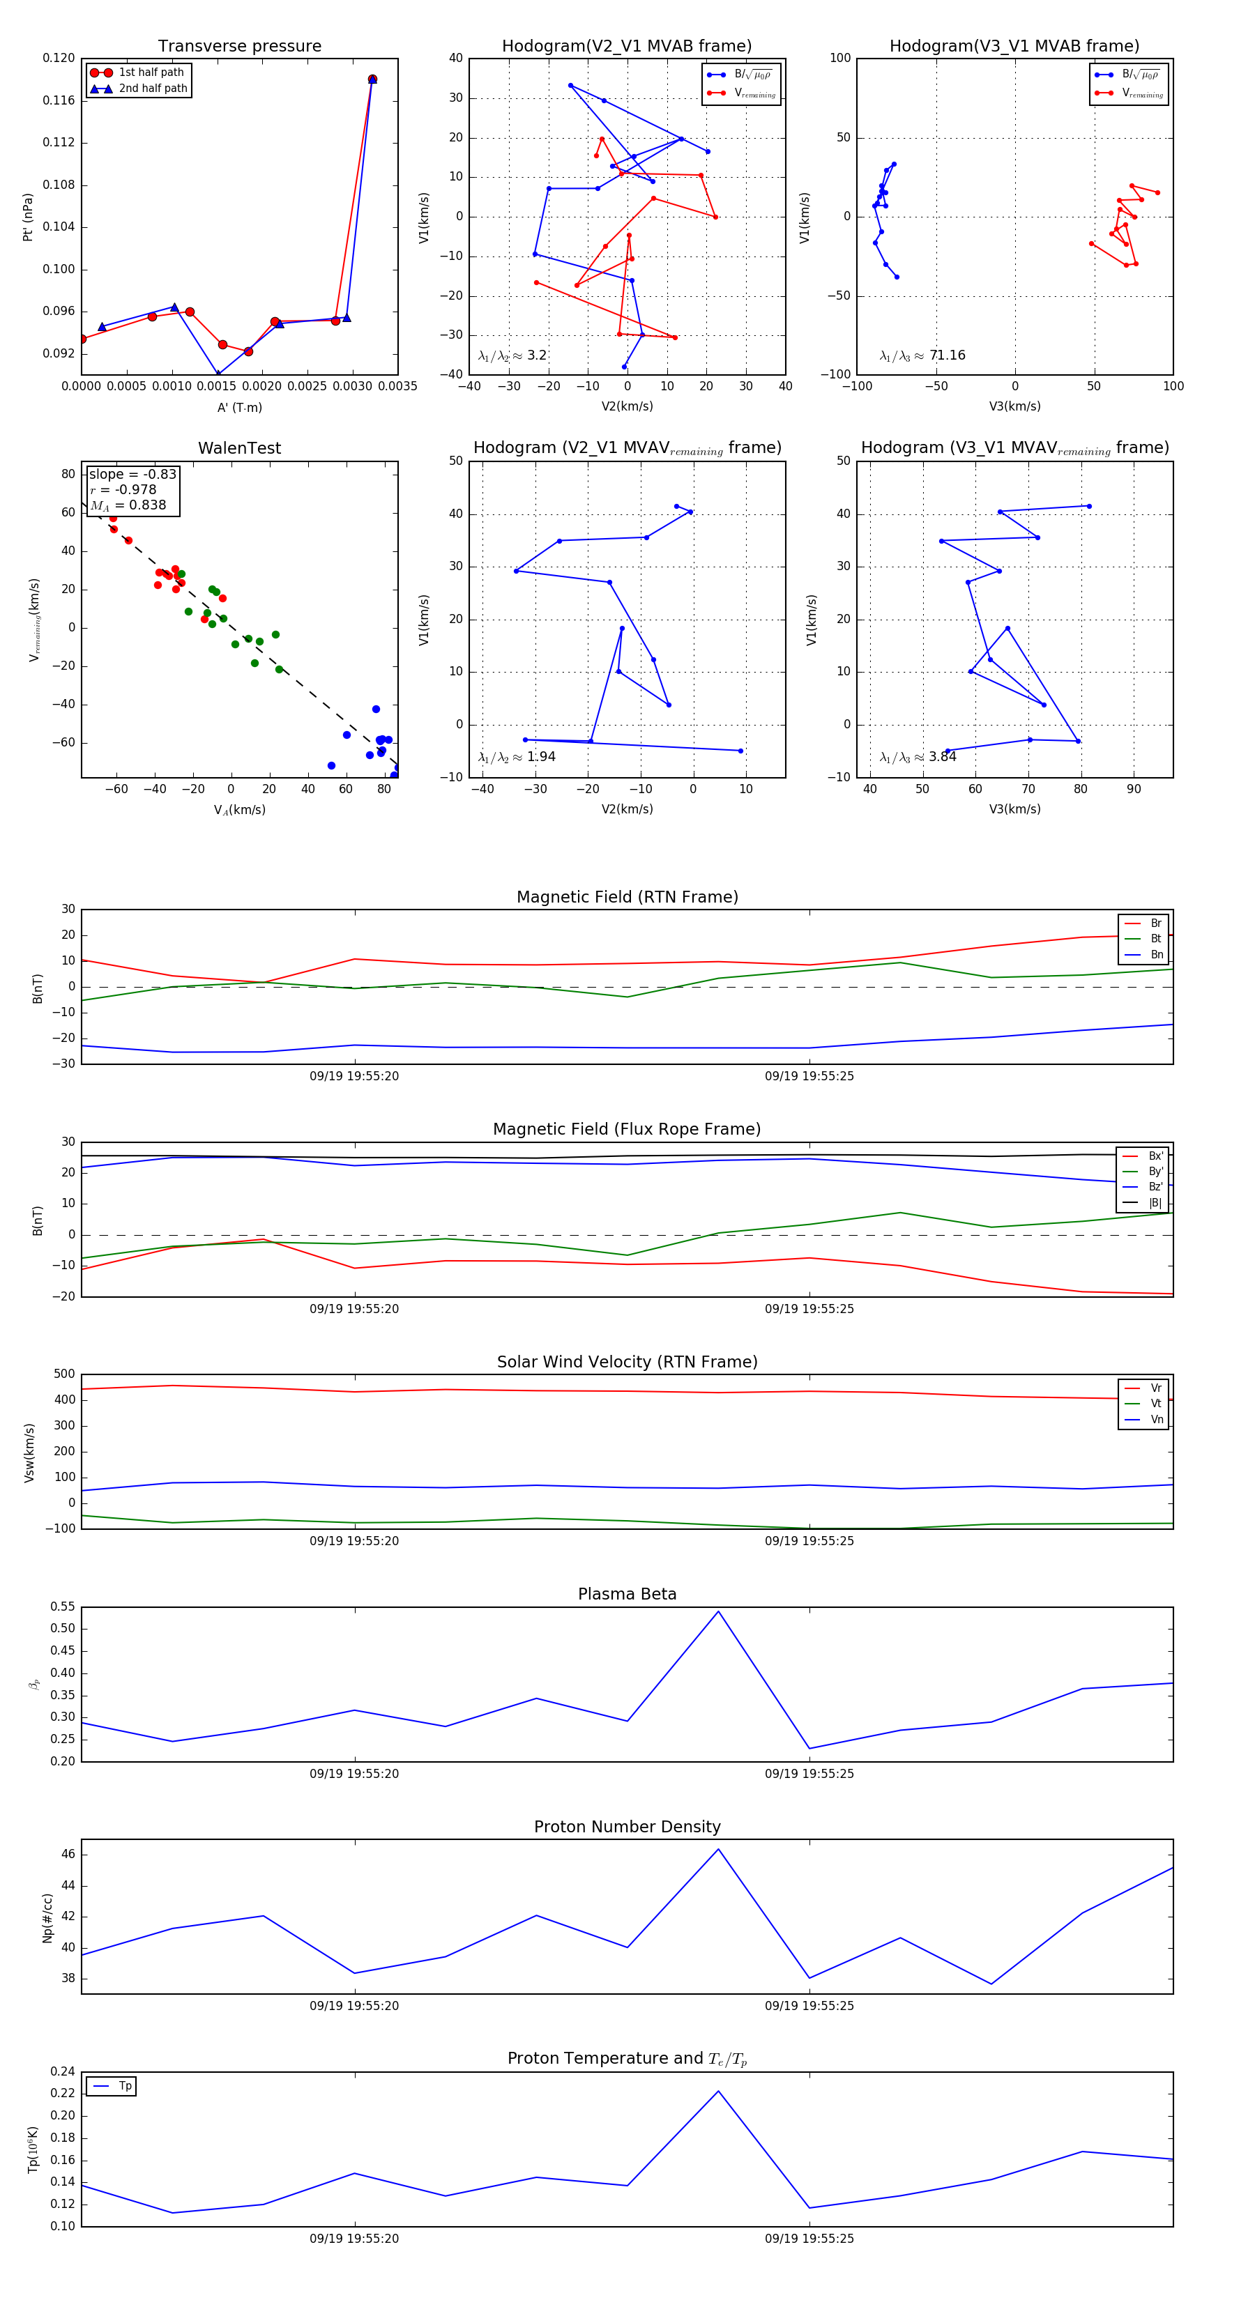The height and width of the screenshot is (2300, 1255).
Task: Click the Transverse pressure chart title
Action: click(239, 47)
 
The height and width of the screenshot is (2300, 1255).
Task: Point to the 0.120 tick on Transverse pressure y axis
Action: click(59, 58)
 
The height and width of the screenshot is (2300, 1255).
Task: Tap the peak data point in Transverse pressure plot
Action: click(372, 79)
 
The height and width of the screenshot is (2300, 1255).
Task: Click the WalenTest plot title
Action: click(239, 448)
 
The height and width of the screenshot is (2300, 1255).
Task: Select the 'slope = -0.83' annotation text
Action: click(132, 474)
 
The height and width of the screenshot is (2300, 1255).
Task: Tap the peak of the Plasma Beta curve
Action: click(718, 1611)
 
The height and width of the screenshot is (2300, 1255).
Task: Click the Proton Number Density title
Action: click(627, 1827)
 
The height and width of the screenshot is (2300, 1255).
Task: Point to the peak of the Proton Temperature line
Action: click(718, 2091)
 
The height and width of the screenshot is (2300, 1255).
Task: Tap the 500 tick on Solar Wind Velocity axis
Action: click(63, 1374)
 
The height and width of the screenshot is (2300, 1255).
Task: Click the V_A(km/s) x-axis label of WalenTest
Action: click(239, 810)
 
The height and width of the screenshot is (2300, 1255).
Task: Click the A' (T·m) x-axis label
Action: click(239, 408)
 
